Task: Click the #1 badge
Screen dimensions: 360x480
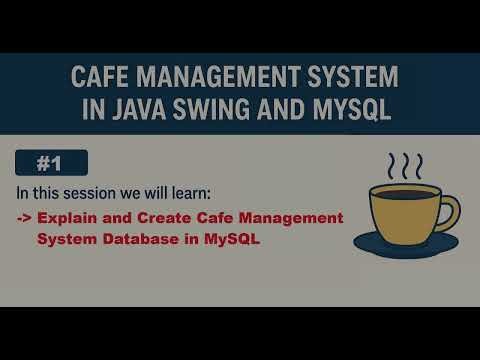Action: click(52, 163)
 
